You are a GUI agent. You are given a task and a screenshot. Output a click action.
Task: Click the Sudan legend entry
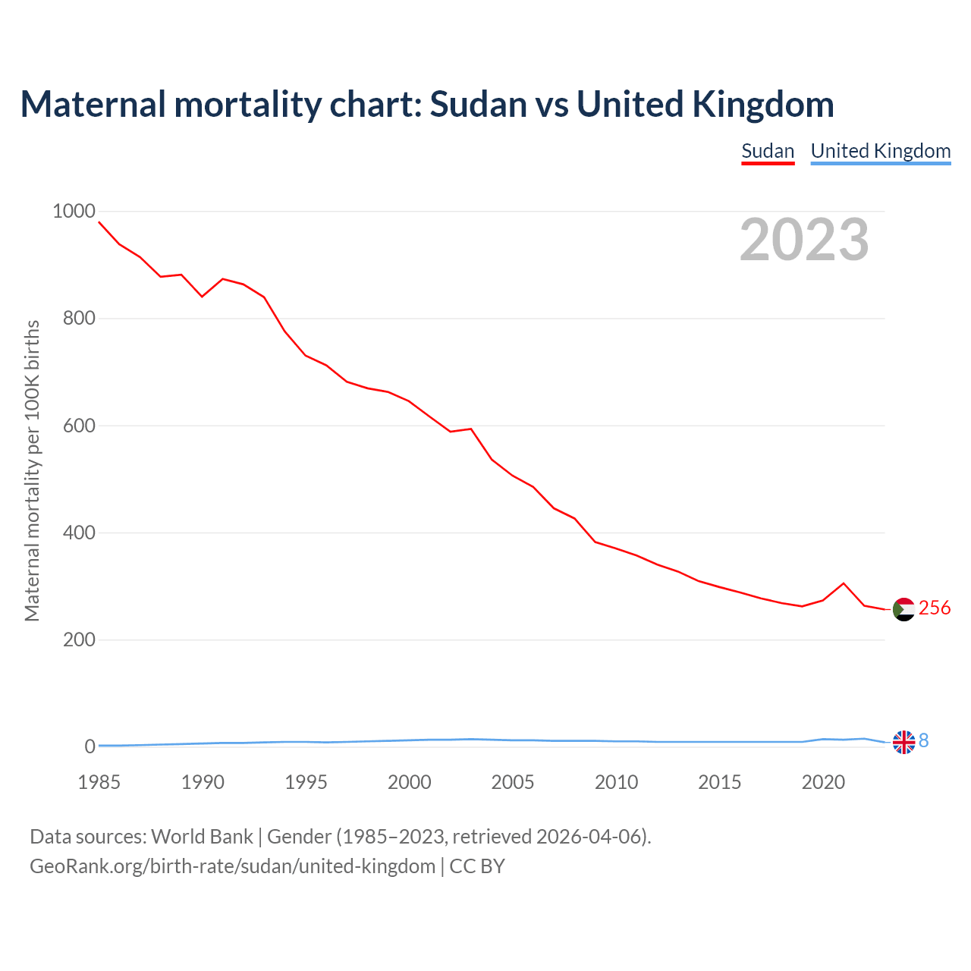pos(768,151)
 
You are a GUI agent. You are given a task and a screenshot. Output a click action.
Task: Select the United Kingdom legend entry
pos(880,151)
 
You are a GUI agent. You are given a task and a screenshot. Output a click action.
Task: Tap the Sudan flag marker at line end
pos(903,609)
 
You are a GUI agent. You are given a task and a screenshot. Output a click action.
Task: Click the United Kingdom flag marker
pos(903,742)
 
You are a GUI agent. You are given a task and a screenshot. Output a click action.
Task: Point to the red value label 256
pos(935,608)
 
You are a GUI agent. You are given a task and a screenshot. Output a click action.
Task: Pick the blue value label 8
pos(923,740)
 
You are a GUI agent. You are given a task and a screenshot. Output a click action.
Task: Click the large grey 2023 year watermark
pos(804,240)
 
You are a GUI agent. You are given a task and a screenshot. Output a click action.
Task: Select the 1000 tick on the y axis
pos(74,211)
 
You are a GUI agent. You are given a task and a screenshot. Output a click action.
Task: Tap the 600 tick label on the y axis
pos(79,426)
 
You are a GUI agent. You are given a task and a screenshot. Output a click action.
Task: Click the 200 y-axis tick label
pos(79,639)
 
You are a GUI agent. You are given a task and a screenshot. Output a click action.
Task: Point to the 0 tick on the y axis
pos(90,746)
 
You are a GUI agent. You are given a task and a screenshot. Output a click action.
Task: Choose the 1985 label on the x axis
pos(99,782)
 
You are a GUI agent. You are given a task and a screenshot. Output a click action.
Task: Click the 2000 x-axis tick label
pos(409,782)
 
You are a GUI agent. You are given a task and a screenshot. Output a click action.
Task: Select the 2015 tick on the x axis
pos(719,782)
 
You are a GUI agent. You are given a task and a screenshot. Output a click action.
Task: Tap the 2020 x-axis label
pos(823,782)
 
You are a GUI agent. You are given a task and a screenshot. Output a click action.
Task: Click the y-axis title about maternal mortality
pos(32,470)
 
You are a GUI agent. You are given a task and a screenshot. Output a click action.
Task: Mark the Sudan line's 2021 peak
pos(844,583)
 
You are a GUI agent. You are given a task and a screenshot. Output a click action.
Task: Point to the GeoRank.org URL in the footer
pos(232,866)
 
